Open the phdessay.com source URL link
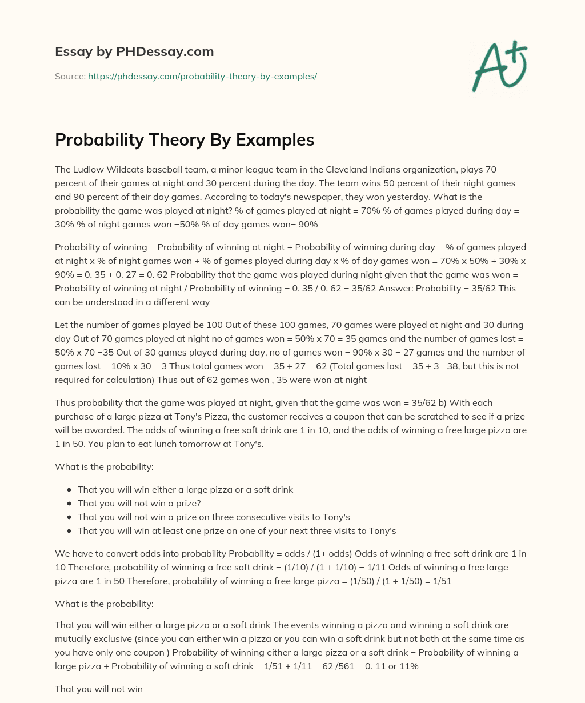point(202,76)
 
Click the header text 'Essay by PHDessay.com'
point(134,51)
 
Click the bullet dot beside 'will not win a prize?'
point(69,504)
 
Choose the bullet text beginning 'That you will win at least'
point(237,530)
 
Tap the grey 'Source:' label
point(70,76)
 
